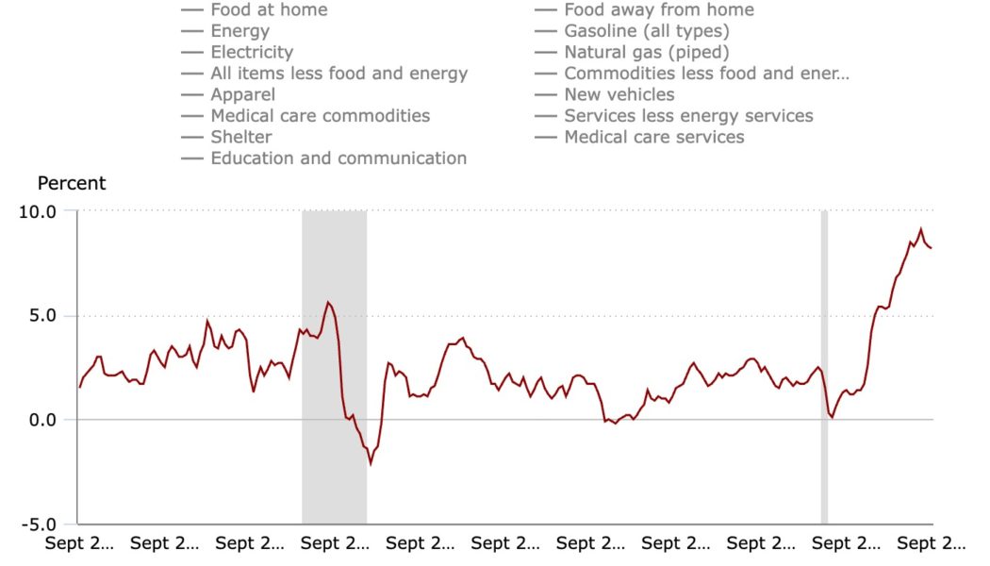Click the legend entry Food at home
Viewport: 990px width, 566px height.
tap(269, 9)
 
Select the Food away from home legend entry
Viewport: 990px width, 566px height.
tap(658, 9)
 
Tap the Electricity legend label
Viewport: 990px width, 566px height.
tap(252, 52)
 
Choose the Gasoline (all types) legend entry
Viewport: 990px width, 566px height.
tap(646, 31)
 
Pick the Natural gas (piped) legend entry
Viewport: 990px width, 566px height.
tap(646, 52)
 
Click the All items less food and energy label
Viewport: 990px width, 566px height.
tap(338, 73)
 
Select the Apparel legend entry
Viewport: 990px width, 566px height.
tap(242, 94)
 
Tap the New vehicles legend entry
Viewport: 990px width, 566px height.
tap(619, 94)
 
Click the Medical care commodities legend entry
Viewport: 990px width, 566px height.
tap(320, 115)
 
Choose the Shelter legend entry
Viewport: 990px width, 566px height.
tap(240, 137)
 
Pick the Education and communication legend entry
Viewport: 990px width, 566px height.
tap(338, 158)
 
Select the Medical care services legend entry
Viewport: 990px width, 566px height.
tap(653, 137)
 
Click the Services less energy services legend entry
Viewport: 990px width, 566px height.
tap(688, 115)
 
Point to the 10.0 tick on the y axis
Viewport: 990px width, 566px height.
tap(38, 211)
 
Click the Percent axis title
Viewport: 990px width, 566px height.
tap(72, 183)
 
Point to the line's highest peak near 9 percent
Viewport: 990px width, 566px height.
tap(920, 228)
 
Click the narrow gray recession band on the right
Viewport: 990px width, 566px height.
tap(824, 368)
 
